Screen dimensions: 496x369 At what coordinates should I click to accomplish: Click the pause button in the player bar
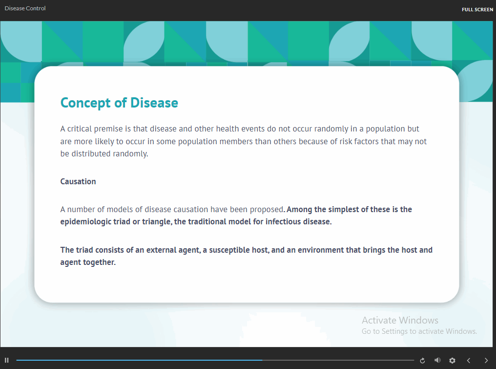[x=7, y=360]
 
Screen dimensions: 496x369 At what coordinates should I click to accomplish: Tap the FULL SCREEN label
[x=477, y=9]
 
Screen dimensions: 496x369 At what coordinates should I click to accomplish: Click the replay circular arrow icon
[x=422, y=361]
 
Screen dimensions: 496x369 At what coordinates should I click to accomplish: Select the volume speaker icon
[x=437, y=360]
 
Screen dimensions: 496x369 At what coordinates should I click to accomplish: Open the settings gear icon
[x=453, y=361]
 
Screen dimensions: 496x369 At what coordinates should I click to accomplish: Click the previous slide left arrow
[x=469, y=361]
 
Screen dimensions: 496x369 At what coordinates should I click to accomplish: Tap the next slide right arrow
[x=486, y=361]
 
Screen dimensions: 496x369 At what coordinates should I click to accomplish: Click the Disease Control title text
[x=25, y=8]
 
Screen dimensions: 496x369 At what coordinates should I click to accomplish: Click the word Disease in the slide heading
[x=154, y=103]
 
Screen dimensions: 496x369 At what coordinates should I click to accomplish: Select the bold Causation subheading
[x=78, y=181]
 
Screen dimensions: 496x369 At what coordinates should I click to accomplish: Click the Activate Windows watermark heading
[x=400, y=320]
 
